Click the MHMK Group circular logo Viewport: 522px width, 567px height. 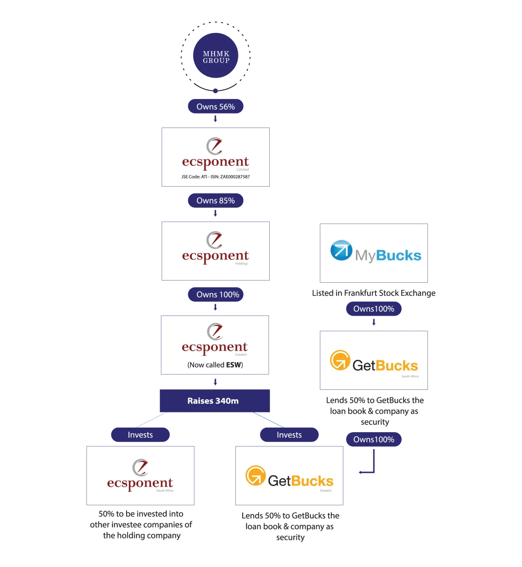pyautogui.click(x=216, y=56)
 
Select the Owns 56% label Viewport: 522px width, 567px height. pyautogui.click(x=216, y=107)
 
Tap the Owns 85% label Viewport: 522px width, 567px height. pyautogui.click(x=216, y=201)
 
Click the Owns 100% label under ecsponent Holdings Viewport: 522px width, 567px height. pyautogui.click(x=217, y=295)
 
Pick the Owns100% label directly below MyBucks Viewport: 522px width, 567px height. pyautogui.click(x=374, y=309)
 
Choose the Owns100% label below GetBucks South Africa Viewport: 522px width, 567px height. pyautogui.click(x=374, y=439)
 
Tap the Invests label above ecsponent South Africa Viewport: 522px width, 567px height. pyautogui.click(x=140, y=435)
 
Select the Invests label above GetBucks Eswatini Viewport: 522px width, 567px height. pyautogui.click(x=289, y=435)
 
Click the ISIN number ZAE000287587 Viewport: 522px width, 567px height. pyautogui.click(x=235, y=177)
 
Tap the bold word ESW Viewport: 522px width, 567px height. pyautogui.click(x=233, y=365)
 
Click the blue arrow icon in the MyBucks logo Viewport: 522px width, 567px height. pyautogui.click(x=341, y=250)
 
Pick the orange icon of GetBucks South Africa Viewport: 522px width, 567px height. pyautogui.click(x=340, y=360)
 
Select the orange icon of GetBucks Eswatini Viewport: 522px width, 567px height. pyautogui.click(x=256, y=475)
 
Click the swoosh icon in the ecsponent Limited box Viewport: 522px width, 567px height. pyautogui.click(x=215, y=146)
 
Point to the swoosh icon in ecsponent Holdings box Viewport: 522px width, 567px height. pyautogui.click(x=215, y=240)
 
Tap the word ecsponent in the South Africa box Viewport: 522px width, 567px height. pyautogui.click(x=140, y=483)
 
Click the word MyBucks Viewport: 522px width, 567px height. pyautogui.click(x=388, y=255)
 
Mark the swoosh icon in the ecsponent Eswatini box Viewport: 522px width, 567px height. pyautogui.click(x=215, y=331)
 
